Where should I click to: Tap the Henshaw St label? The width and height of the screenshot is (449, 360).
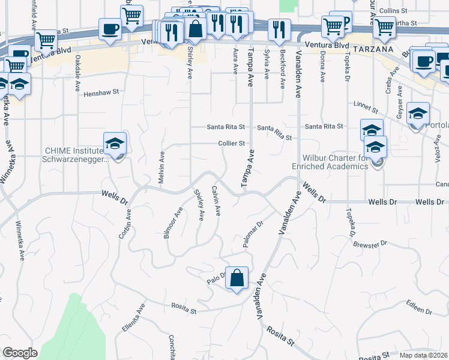101,94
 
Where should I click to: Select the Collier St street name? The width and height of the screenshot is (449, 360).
232,143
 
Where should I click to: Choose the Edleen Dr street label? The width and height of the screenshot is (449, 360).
419,307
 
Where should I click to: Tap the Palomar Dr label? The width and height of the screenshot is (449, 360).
254,232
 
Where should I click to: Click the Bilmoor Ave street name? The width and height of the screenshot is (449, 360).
173,223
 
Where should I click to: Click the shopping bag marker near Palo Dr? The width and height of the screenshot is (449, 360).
237,278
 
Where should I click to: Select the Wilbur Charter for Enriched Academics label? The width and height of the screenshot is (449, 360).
330,162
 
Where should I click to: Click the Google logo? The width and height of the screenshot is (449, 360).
20,352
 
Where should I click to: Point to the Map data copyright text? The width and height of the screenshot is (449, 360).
423,355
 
